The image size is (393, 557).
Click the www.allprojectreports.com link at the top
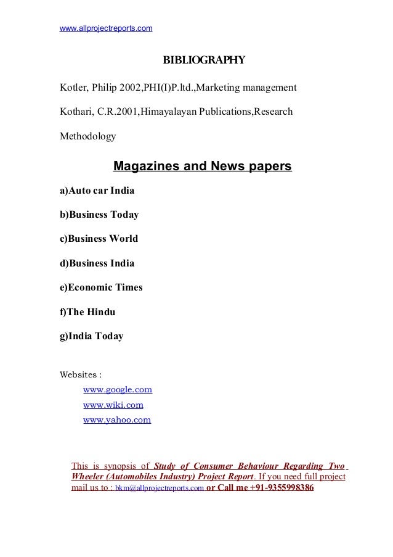click(106, 28)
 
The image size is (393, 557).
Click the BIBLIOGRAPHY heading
click(203, 60)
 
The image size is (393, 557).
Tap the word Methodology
click(87, 136)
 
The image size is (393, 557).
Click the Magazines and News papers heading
click(203, 167)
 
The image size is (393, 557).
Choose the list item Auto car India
click(97, 191)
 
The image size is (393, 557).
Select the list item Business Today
click(99, 215)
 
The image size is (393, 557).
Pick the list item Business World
click(99, 239)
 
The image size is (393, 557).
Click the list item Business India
click(97, 263)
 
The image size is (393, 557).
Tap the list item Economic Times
click(100, 287)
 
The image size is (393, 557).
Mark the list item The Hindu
click(87, 312)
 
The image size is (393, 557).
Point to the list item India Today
click(91, 336)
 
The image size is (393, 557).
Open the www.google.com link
click(118, 390)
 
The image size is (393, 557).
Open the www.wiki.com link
click(113, 405)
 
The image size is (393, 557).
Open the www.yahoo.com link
click(117, 420)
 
